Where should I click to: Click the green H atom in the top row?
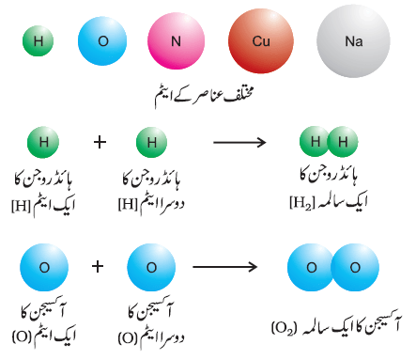(x=39, y=41)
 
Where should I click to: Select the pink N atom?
(x=176, y=41)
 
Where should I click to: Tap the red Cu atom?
(x=261, y=41)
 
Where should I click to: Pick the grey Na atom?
(x=353, y=41)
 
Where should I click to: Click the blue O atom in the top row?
(x=102, y=41)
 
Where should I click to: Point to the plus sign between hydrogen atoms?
(x=100, y=143)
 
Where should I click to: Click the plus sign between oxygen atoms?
(x=98, y=267)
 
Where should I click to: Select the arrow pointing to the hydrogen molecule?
(x=239, y=143)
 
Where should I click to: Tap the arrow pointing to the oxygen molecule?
(x=224, y=267)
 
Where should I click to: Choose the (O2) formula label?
(x=284, y=328)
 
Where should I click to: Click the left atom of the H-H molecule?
(x=314, y=142)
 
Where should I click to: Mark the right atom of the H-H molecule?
(x=343, y=142)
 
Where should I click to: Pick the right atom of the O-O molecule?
(x=355, y=267)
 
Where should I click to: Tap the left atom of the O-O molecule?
(x=310, y=267)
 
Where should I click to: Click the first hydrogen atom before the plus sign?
(x=43, y=142)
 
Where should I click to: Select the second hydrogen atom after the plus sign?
(x=151, y=142)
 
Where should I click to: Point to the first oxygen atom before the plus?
(x=44, y=268)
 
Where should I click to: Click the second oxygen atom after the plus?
(x=151, y=268)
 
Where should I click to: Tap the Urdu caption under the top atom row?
(x=204, y=95)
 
